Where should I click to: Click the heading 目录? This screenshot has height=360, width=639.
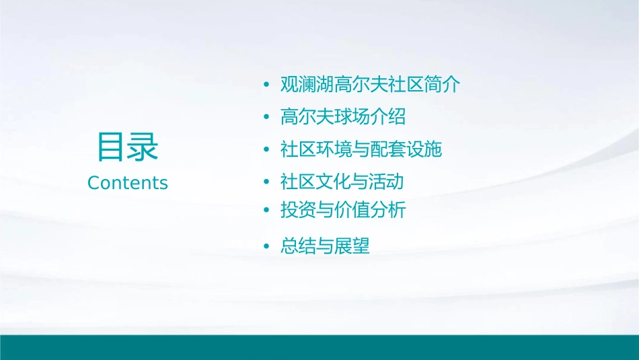(x=128, y=147)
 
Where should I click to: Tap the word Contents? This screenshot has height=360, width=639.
(x=128, y=183)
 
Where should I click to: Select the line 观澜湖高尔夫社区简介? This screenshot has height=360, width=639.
(x=371, y=85)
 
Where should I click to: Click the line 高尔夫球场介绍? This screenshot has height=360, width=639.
(x=343, y=117)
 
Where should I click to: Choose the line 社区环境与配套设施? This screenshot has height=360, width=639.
(x=361, y=149)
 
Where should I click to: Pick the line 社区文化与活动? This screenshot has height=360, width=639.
(x=342, y=182)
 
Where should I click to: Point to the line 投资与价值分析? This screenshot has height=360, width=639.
(x=343, y=211)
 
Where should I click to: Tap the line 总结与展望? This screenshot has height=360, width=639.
(x=325, y=246)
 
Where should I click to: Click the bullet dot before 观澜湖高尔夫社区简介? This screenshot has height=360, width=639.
(x=267, y=85)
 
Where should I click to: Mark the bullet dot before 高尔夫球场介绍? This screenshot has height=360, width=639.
(x=267, y=118)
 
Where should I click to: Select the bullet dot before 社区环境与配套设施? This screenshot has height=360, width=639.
(x=267, y=150)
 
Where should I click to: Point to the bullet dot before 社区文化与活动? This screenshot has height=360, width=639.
(x=267, y=182)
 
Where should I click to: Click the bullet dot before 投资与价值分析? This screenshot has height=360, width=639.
(x=267, y=211)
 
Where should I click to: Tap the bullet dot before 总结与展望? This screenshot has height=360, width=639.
(x=267, y=247)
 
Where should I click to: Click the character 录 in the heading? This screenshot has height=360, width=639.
(x=143, y=147)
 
